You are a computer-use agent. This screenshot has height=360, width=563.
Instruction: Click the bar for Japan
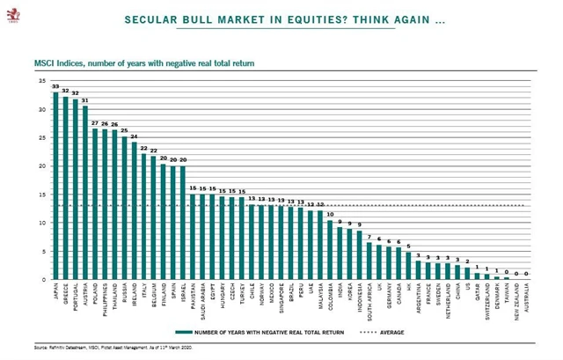pos(55,186)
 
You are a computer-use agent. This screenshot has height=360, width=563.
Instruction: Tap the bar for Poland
pos(95,202)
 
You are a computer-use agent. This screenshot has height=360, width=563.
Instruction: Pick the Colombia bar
pos(330,251)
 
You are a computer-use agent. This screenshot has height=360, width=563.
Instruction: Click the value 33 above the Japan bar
pos(55,86)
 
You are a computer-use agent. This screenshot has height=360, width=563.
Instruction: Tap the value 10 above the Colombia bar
pos(330,215)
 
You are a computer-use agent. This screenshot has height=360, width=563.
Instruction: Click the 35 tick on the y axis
pos(41,81)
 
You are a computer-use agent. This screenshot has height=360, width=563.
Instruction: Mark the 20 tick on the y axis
pos(41,166)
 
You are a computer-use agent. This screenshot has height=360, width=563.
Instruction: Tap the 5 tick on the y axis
pos(42,252)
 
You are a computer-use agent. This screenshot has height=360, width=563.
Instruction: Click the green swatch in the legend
pos(186,332)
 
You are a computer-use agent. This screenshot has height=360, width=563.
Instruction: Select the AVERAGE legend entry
pos(388,332)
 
